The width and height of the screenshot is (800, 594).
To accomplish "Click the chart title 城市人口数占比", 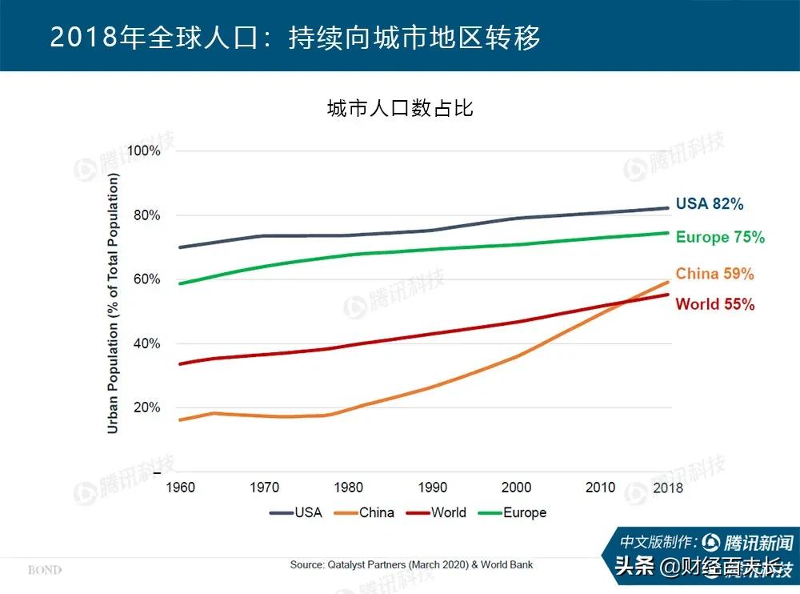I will (x=400, y=108).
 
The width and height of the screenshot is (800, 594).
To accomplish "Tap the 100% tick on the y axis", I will (x=144, y=151).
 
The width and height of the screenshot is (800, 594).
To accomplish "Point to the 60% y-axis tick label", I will (x=147, y=279).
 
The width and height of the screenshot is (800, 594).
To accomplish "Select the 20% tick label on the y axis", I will (x=147, y=407).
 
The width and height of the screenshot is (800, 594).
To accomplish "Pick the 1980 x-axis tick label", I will (x=349, y=487).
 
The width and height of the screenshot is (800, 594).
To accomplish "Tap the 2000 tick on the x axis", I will (x=516, y=487).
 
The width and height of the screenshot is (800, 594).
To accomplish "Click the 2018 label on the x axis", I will (x=667, y=487).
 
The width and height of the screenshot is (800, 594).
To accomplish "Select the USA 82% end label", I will (x=709, y=204).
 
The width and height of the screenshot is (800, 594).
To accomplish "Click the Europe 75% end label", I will (x=720, y=238).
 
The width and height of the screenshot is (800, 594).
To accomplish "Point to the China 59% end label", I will (x=714, y=274).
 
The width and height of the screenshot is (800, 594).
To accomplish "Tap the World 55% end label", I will (x=714, y=304).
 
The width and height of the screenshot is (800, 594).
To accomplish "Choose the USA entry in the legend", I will (x=296, y=512).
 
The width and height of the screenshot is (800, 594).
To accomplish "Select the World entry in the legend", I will (x=437, y=512).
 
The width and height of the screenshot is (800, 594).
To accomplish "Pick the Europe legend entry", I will (x=512, y=512).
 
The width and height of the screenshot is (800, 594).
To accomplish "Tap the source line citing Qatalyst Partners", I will (x=411, y=564).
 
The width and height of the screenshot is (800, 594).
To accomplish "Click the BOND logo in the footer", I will (x=45, y=570).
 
